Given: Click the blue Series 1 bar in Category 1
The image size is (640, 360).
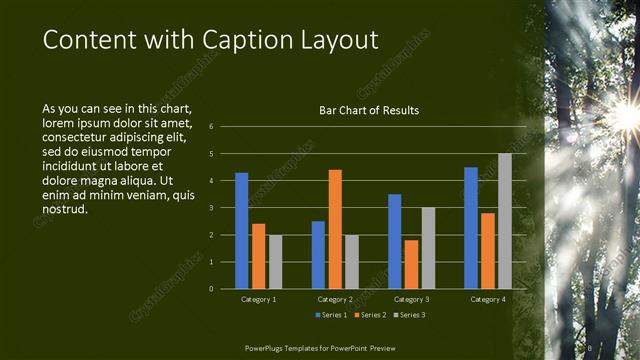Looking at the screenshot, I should tap(241, 231).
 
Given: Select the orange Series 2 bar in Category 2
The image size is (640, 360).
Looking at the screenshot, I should tap(335, 229).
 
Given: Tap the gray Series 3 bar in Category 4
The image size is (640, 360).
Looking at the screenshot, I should tap(505, 221).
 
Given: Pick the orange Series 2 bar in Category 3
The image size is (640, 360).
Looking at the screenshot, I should tap(411, 264).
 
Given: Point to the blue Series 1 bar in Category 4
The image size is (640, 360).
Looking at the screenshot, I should tap(471, 228).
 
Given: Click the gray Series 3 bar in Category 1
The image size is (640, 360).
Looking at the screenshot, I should tap(275, 262).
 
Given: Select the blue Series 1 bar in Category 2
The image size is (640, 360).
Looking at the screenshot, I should tap(318, 255).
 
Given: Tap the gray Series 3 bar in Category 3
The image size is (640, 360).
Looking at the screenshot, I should tap(428, 248).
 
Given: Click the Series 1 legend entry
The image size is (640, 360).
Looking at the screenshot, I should tap(331, 316).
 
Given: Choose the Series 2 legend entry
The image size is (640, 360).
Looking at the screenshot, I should tap(369, 316).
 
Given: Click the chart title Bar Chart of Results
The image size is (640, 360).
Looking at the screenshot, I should tap(369, 110).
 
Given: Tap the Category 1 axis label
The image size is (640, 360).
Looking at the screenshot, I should tap(258, 299).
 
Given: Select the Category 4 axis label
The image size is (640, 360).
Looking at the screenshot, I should tap(488, 299).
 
